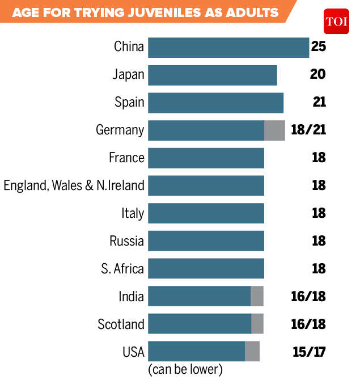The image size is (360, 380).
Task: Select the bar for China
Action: click(x=228, y=47)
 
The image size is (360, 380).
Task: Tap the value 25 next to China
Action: click(x=319, y=47)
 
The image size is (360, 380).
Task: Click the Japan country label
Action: click(x=129, y=75)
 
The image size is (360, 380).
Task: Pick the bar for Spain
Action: click(x=216, y=103)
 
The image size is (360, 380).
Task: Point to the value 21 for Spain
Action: click(x=319, y=102)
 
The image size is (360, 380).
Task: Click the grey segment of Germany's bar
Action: click(x=274, y=130)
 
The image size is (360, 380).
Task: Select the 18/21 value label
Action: click(x=308, y=130)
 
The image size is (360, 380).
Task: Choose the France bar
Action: click(x=206, y=158)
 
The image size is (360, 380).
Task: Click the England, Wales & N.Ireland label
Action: click(x=74, y=185)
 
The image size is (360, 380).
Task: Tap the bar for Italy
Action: click(x=206, y=214)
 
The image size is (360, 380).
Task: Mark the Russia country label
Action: click(x=126, y=241)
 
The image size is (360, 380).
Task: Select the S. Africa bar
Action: click(x=206, y=269)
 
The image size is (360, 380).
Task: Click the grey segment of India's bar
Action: click(x=257, y=297)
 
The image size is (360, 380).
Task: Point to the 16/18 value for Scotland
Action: click(x=308, y=324)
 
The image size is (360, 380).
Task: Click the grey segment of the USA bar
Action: click(x=252, y=352)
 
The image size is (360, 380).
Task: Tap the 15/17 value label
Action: click(x=308, y=352)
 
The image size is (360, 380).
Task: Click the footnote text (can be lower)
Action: click(x=185, y=370)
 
